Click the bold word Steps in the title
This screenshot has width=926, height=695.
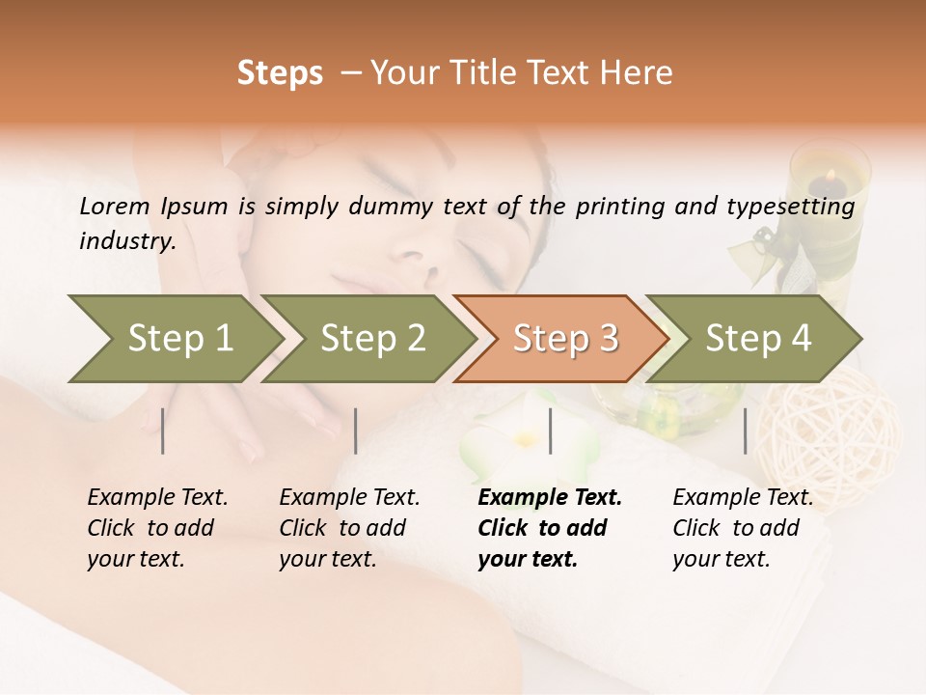[280, 73]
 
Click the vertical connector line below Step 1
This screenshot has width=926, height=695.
[163, 431]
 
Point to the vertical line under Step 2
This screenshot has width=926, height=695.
[356, 431]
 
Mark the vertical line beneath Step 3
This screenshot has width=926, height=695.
[550, 431]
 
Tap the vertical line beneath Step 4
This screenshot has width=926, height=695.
[745, 431]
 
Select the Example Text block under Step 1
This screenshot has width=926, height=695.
[157, 528]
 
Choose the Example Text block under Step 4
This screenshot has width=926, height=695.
[743, 528]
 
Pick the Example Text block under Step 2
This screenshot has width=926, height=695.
[349, 528]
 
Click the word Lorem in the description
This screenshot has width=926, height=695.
[115, 206]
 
